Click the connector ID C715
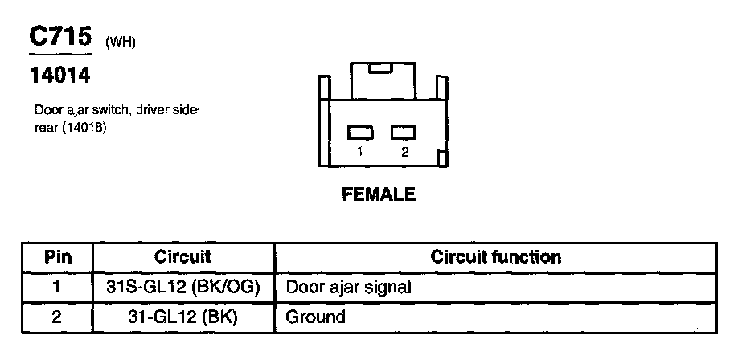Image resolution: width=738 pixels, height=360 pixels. click(60, 38)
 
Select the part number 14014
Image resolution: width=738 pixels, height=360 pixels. click(59, 77)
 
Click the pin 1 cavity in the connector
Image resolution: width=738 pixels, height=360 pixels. click(359, 132)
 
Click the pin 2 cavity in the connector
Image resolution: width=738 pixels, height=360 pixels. click(404, 132)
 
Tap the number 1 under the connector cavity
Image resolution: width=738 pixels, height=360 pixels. click(360, 151)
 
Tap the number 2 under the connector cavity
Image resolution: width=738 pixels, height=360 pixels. click(404, 151)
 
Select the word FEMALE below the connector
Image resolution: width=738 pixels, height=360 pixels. click(379, 194)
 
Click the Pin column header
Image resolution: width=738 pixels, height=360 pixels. click(58, 257)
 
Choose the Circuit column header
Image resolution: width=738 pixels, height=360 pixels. click(182, 257)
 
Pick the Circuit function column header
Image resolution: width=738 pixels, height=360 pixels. click(496, 257)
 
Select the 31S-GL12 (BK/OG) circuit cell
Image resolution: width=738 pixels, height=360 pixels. click(182, 287)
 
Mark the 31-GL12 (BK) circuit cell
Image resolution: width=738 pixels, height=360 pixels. click(182, 317)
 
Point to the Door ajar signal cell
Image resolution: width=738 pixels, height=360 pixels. click(349, 287)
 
